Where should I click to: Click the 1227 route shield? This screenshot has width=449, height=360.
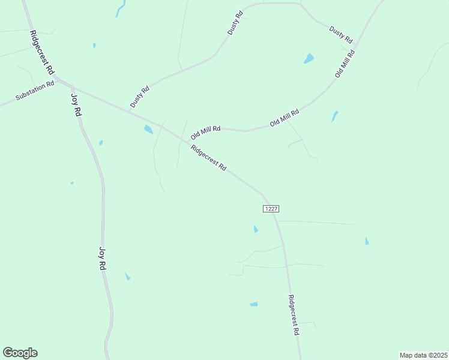coord(271,208)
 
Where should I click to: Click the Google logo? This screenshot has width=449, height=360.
coord(20,353)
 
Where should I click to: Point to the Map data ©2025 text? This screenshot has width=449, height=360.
coord(423,355)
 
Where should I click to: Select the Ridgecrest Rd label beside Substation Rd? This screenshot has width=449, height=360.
coord(42,53)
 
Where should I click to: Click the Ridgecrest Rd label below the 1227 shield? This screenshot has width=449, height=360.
coord(294,314)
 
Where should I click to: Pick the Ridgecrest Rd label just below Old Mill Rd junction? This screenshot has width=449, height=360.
coord(208,158)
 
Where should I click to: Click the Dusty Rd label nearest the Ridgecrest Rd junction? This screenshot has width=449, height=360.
coord(140,98)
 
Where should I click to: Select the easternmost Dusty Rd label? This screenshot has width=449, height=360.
coord(340,34)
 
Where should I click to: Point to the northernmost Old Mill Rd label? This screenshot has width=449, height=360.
coord(345,63)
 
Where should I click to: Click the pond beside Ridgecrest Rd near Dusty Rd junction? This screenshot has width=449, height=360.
coord(148,129)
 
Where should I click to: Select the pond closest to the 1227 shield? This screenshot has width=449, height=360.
coord(256,229)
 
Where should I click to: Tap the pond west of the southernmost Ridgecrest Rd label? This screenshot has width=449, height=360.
coord(254,304)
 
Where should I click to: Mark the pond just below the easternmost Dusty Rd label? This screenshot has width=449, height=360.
coord(309,59)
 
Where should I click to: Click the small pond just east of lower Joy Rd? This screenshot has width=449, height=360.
coord(127,277)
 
